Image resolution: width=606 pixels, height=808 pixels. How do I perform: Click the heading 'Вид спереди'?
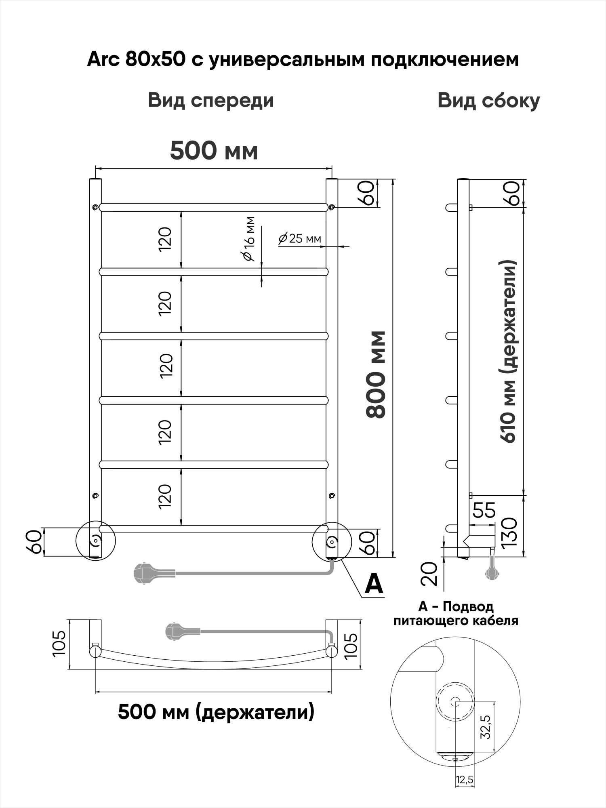pyautogui.click(x=210, y=100)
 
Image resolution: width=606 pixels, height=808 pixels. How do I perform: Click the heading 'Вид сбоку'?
pyautogui.click(x=488, y=100)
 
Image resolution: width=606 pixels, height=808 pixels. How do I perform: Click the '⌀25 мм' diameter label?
pyautogui.click(x=300, y=238)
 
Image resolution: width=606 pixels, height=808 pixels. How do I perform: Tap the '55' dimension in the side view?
pyautogui.click(x=484, y=510)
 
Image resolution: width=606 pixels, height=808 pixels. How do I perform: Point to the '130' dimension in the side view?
pyautogui.click(x=510, y=532)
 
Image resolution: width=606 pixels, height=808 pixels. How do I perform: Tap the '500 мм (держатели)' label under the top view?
pyautogui.click(x=216, y=712)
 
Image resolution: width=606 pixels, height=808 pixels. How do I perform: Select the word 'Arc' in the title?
pyautogui.click(x=103, y=60)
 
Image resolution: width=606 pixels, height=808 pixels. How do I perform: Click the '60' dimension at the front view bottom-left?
pyautogui.click(x=35, y=542)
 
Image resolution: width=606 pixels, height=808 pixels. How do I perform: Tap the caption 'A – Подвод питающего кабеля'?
pyautogui.click(x=456, y=613)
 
